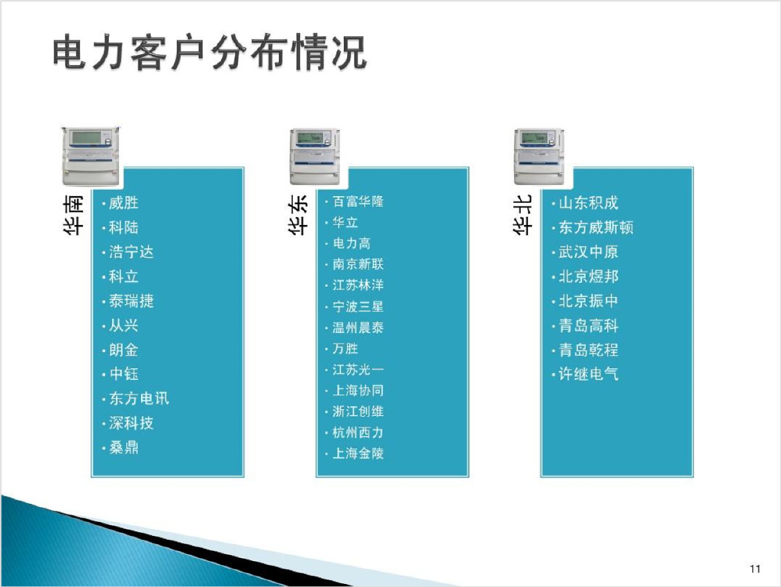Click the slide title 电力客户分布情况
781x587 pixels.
coord(210,52)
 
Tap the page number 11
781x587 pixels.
coord(754,569)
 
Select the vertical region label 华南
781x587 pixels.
coord(73,214)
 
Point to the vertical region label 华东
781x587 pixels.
coord(298,214)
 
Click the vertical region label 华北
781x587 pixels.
coord(522,214)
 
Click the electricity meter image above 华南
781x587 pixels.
coord(91,156)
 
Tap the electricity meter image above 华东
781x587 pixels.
coord(315,156)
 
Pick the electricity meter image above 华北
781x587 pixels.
coord(539,156)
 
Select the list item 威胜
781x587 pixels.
coord(124,203)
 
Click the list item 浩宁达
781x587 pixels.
coord(131,252)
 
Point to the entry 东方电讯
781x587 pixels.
coord(139,398)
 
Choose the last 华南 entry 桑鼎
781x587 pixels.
coord(124,447)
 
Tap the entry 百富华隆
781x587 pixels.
coord(358,202)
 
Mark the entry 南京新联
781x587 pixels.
coord(358,264)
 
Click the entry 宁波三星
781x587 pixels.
coord(358,306)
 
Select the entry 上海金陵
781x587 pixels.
coord(358,453)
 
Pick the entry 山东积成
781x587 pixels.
coord(588,203)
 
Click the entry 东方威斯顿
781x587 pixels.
coord(596,227)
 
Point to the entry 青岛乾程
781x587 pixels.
coord(588,350)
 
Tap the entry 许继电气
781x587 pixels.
coord(588,374)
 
